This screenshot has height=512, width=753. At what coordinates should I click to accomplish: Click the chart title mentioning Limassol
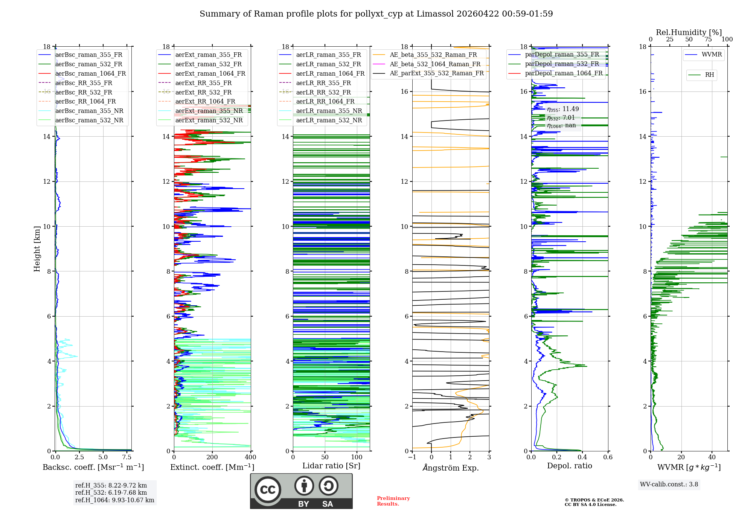pos(376,14)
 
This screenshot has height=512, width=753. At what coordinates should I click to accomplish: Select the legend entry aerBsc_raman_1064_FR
pos(90,73)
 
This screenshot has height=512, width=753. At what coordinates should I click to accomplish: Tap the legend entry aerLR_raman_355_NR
pos(329,111)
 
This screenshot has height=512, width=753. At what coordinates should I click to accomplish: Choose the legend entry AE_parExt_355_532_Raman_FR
pos(436,73)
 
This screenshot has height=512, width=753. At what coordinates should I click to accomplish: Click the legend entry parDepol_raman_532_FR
pos(562,64)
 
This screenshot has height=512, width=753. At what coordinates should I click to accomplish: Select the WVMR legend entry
pos(712,55)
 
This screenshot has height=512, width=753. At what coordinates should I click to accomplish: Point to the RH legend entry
pos(709,75)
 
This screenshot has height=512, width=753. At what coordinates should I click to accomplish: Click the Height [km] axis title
pos(37,248)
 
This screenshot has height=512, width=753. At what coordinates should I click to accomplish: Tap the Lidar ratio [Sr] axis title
pos(331,466)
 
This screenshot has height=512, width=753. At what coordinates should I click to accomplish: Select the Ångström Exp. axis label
pos(451,468)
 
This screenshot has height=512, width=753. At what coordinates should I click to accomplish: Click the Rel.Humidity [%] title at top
pos(689,32)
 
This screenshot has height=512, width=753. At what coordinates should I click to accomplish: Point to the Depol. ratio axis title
pos(569,466)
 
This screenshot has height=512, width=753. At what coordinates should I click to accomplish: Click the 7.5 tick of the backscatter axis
pos(127,457)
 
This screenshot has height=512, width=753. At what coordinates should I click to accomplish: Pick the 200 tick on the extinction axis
pos(212,457)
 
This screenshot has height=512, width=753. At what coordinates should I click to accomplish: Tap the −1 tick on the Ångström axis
pos(412,457)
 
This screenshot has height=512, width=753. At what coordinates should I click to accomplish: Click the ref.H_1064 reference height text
pos(114,500)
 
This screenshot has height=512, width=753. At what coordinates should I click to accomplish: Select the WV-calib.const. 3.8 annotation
pos(669,485)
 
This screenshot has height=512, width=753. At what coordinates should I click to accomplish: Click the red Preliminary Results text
pos(393,501)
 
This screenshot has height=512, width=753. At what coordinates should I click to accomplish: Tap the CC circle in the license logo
pos(268,489)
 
